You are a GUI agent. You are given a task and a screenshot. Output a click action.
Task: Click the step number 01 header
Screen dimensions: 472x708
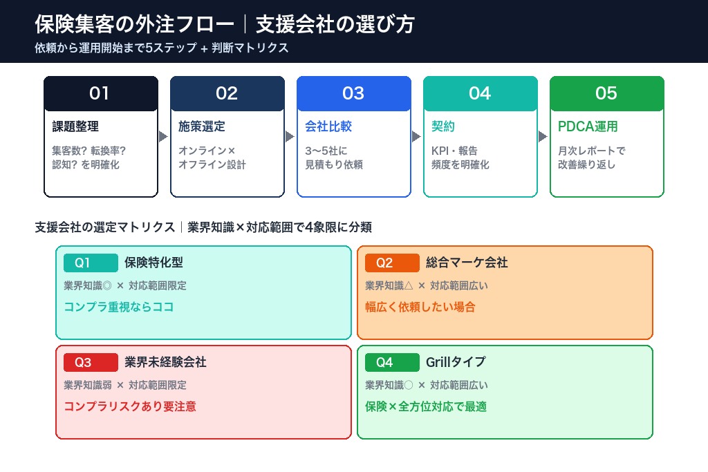(x=100, y=93)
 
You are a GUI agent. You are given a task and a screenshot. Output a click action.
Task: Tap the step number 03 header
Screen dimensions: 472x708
(x=353, y=93)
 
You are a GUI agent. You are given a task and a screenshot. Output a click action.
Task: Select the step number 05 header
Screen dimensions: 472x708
(x=606, y=93)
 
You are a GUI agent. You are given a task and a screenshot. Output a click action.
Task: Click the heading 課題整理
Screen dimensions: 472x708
(x=75, y=127)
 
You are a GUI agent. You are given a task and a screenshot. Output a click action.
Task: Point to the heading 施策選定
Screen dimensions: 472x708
(x=202, y=127)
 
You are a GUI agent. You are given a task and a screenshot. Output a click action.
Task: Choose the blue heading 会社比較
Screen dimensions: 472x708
(x=328, y=127)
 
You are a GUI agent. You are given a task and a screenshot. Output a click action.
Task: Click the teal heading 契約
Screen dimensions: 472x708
(x=443, y=127)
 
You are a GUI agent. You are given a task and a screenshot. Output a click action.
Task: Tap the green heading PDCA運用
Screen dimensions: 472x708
(x=588, y=127)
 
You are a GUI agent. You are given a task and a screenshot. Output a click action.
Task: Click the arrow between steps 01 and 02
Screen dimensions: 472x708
(x=163, y=137)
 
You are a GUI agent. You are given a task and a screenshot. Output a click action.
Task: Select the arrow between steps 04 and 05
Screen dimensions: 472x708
(x=543, y=137)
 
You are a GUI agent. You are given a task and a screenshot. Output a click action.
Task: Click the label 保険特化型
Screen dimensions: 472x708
(x=153, y=263)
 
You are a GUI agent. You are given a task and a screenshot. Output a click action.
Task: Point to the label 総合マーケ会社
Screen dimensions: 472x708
(x=467, y=263)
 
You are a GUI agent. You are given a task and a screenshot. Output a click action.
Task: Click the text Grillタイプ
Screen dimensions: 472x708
(x=456, y=363)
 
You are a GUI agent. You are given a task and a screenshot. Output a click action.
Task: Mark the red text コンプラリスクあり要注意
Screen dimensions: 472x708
(x=130, y=407)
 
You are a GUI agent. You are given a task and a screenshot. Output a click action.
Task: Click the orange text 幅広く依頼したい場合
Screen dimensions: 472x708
(x=420, y=308)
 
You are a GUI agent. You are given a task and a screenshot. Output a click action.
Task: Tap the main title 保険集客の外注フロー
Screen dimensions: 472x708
(x=134, y=25)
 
